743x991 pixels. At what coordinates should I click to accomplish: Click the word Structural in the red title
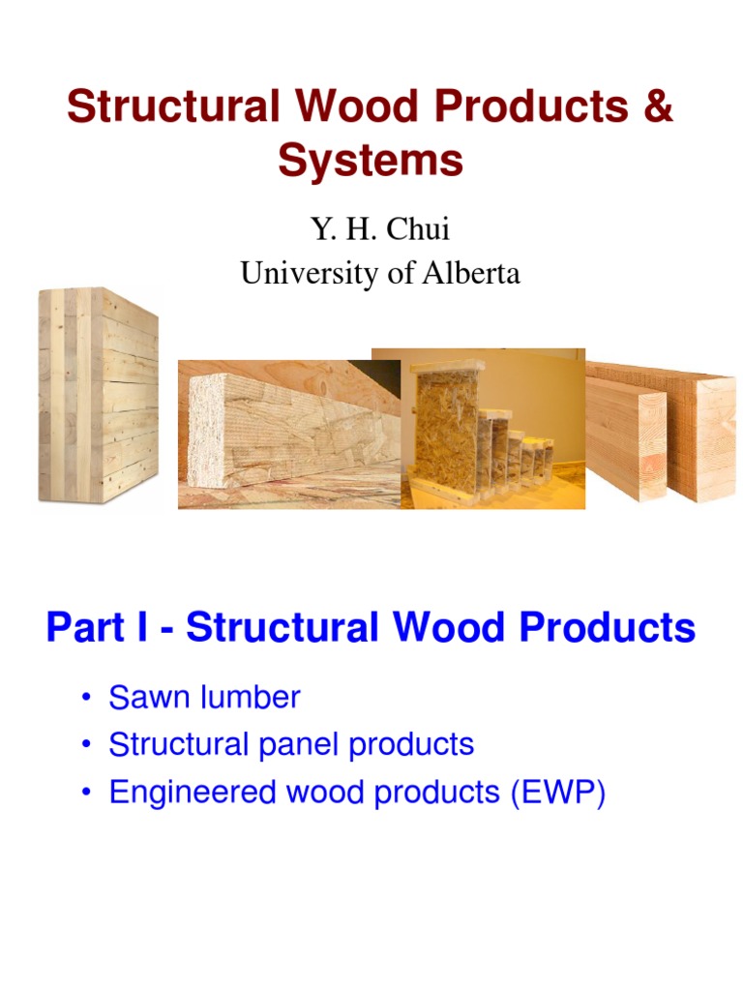(170, 106)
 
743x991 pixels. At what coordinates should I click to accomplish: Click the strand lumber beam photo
(288, 435)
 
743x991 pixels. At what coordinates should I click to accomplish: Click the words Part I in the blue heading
(97, 628)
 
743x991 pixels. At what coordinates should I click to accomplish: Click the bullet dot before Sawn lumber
(88, 698)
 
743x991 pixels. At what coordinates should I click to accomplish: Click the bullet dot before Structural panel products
(88, 745)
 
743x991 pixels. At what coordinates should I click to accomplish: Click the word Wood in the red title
(370, 106)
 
